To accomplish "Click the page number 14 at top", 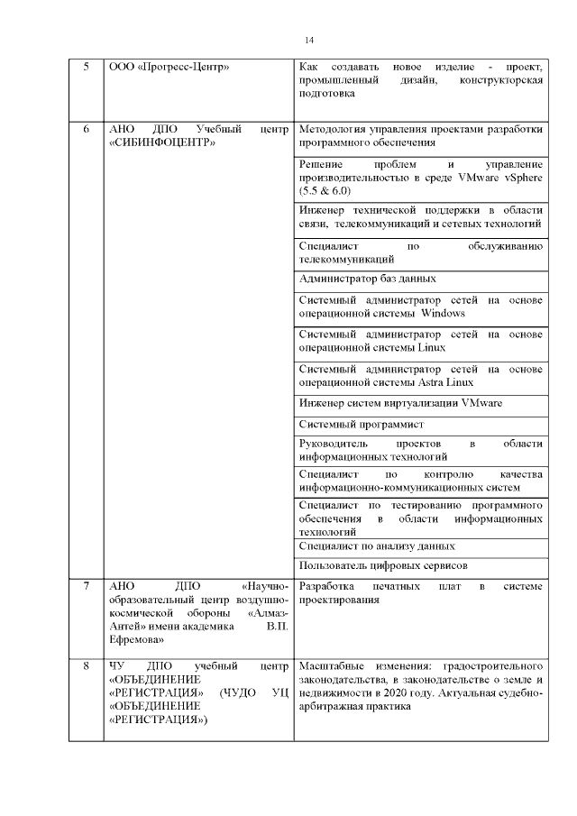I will click(x=309, y=41).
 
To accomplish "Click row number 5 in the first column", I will click(x=86, y=68).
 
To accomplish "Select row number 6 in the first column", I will click(x=86, y=129).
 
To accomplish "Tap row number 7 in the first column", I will click(x=86, y=587).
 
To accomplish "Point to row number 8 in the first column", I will click(x=86, y=666).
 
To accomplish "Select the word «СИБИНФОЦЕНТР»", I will click(x=161, y=143).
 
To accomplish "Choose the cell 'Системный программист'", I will click(x=361, y=423).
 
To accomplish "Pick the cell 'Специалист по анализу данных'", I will click(x=376, y=546).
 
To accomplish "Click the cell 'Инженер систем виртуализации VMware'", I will click(x=400, y=402).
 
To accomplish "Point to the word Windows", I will click(x=443, y=314).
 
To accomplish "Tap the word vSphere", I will click(x=520, y=178).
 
